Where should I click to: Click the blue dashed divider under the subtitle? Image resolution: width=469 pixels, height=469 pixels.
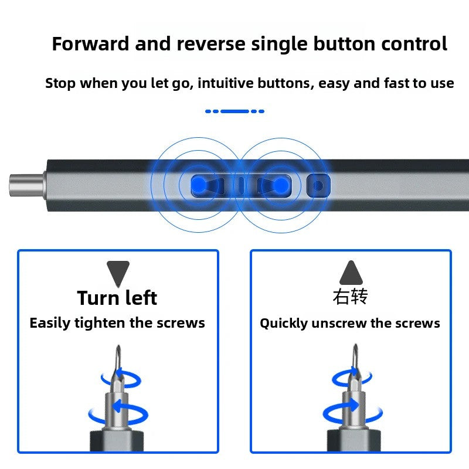(x=235, y=111)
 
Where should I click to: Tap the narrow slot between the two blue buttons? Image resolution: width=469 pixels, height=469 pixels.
(x=240, y=185)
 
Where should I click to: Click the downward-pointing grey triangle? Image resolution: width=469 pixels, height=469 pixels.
(x=118, y=273)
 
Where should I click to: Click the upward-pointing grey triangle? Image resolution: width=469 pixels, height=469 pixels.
(x=351, y=273)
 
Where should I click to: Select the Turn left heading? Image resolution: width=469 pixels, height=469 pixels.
(x=117, y=298)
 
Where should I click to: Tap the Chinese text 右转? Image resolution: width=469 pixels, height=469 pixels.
(x=350, y=297)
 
